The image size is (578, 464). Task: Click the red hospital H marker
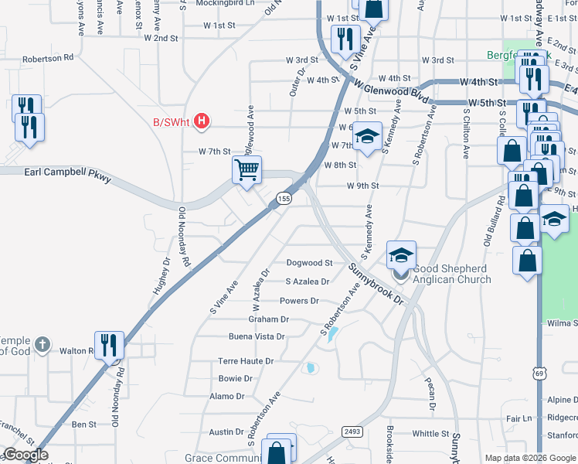point(202,121)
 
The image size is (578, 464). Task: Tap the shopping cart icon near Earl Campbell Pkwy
point(246,169)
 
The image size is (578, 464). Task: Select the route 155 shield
point(284,199)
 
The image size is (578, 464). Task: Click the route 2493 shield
point(352,432)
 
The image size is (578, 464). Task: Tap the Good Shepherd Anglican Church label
point(452,275)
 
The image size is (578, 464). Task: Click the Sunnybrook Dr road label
point(376,282)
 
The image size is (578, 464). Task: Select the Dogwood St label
point(309,263)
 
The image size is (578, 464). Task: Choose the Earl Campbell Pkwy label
point(68,176)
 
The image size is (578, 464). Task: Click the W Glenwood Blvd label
point(392,92)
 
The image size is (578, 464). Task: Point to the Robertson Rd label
point(48,57)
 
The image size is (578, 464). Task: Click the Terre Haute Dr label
point(246,361)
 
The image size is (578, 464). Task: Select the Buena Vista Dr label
point(257,336)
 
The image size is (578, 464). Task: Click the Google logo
point(25,455)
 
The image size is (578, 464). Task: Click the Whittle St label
point(431,434)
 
